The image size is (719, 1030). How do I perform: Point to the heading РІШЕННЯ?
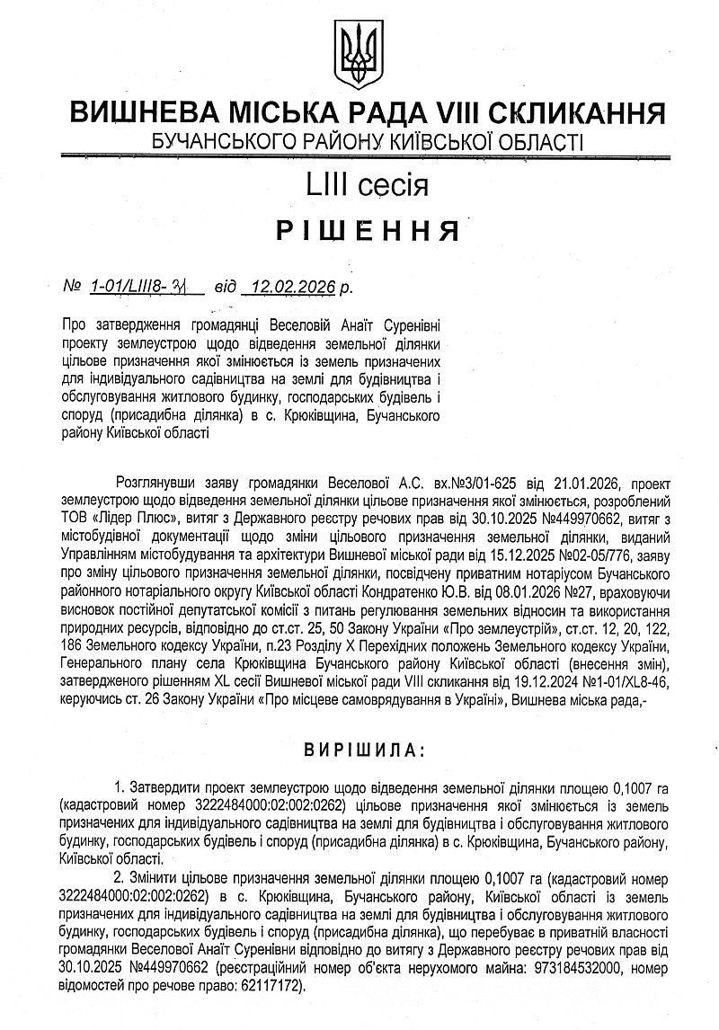[x=359, y=232]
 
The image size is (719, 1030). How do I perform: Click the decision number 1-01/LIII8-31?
[x=147, y=287]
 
